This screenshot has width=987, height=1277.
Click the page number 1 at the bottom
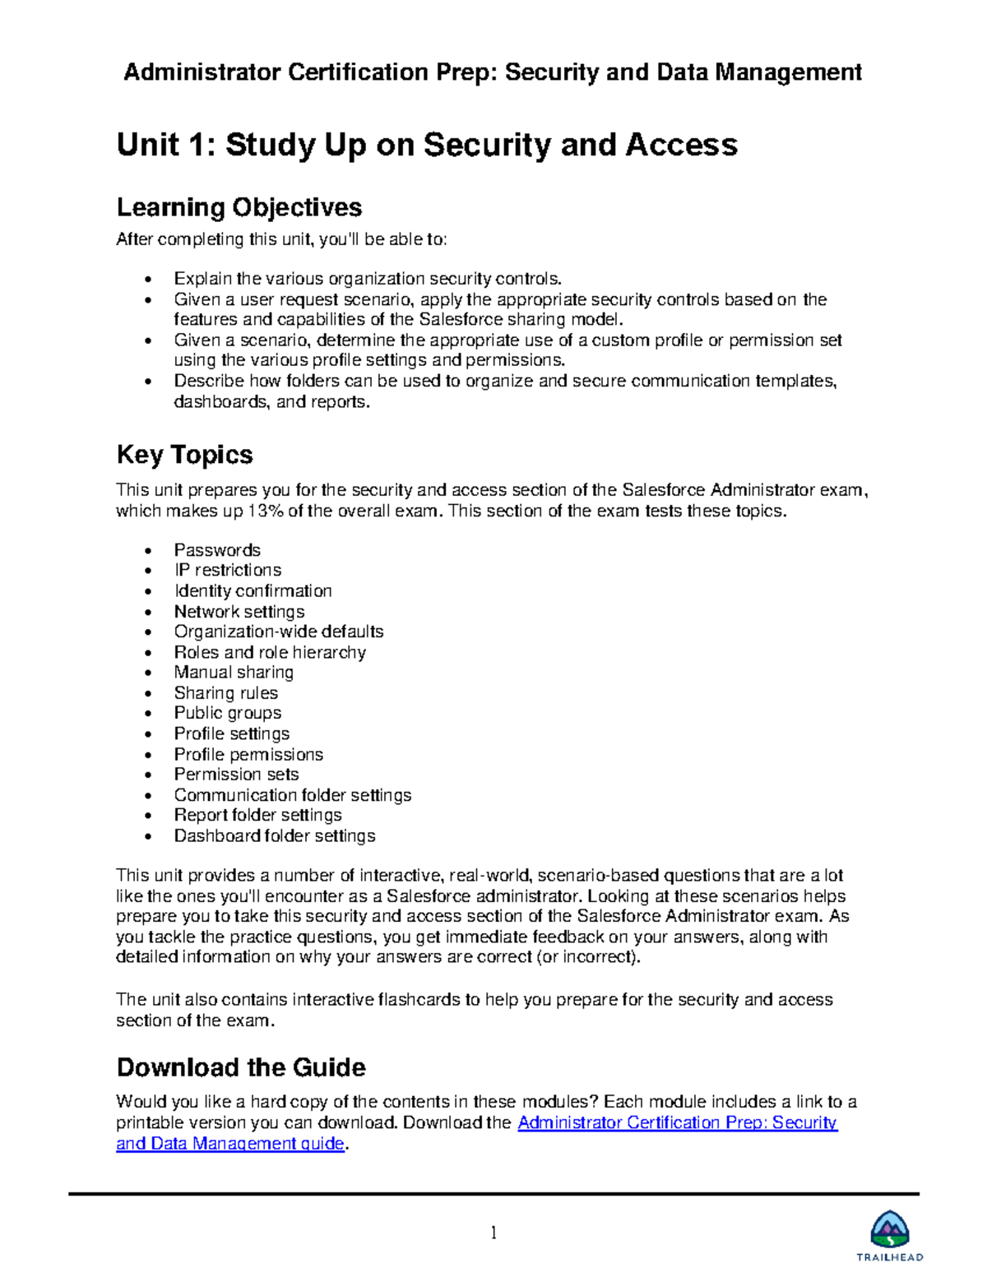(x=493, y=1232)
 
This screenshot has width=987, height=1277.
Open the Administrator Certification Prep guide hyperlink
(x=676, y=1123)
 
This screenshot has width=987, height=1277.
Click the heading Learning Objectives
(x=239, y=206)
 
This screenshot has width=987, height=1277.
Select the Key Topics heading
(x=184, y=455)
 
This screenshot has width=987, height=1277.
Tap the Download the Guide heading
(x=241, y=1067)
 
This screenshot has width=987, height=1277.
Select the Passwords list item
(x=217, y=550)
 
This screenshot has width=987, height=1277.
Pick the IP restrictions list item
(x=227, y=570)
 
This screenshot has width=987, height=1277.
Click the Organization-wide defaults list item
(x=278, y=632)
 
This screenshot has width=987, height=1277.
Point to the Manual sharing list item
(x=234, y=672)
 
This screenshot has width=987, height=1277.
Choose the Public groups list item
(x=227, y=713)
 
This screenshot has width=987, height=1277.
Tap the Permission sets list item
(x=236, y=774)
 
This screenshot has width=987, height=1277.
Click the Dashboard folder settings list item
(x=274, y=835)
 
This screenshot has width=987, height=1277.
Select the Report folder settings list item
(x=257, y=815)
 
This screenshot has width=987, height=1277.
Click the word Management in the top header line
(x=788, y=72)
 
